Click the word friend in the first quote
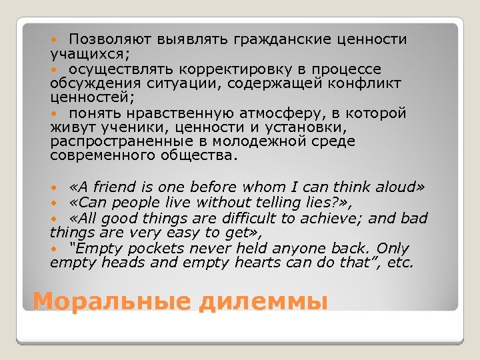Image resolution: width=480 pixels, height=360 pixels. [119, 187]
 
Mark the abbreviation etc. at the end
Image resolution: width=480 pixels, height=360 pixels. [401, 263]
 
